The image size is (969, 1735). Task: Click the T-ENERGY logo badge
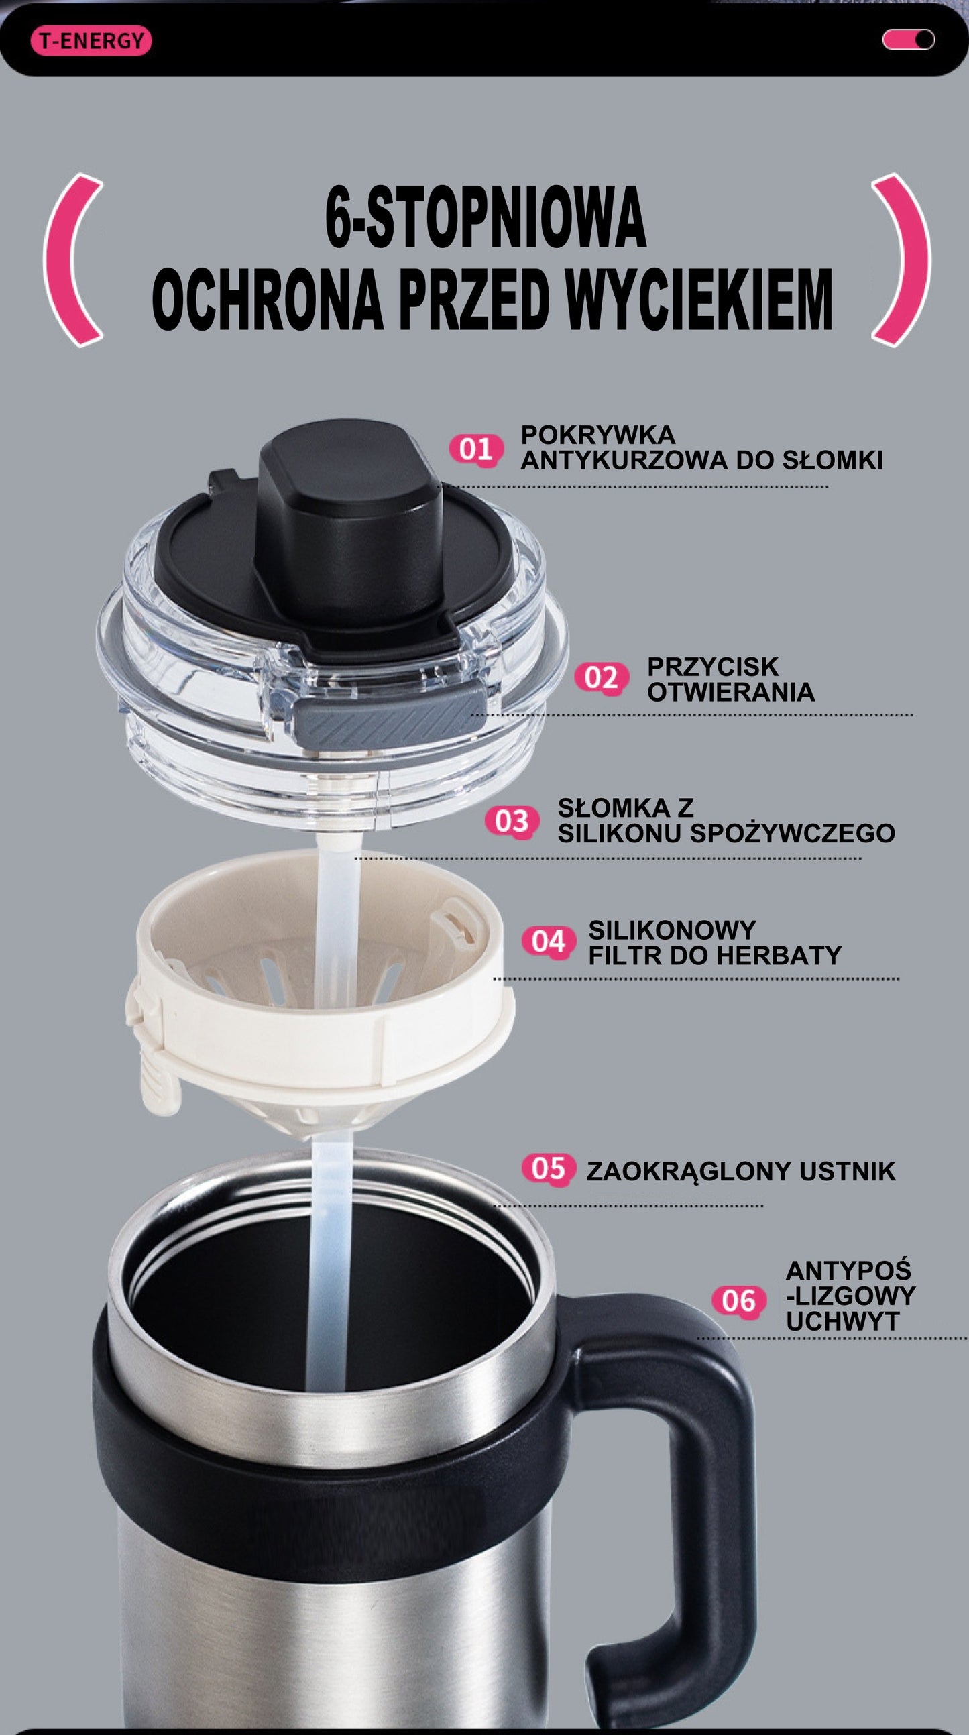[x=92, y=41]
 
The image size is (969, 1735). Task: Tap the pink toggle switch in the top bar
[x=909, y=40]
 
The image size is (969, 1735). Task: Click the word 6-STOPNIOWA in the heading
[x=485, y=218]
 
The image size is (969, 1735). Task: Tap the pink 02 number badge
[x=602, y=677]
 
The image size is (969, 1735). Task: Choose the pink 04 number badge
[x=549, y=941]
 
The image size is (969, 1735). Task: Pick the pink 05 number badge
[x=549, y=1168]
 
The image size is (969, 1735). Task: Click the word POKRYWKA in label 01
[x=598, y=435]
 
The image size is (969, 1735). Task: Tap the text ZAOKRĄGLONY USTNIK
[x=741, y=1171]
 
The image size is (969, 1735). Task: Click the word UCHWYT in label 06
[x=832, y=1321]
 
